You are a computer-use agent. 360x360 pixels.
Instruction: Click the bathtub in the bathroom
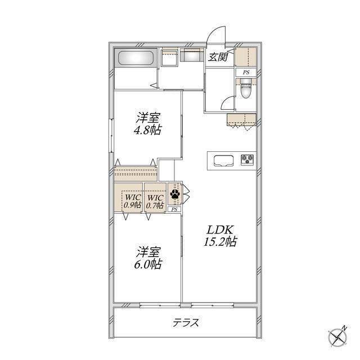click(x=136, y=57)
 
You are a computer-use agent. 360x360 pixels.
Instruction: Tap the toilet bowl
click(x=246, y=89)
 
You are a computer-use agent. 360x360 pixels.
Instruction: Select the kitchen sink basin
click(x=224, y=160)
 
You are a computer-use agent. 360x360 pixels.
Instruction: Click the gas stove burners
click(x=247, y=159)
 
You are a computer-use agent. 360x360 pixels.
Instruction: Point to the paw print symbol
click(x=175, y=194)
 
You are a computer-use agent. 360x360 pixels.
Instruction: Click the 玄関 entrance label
click(x=218, y=57)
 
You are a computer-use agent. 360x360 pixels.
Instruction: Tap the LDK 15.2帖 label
click(x=220, y=236)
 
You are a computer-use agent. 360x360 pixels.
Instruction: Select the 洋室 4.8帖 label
click(x=147, y=124)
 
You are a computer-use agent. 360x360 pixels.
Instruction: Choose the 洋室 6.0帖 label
click(x=148, y=258)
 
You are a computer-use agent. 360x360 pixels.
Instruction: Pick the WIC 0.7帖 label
click(x=155, y=201)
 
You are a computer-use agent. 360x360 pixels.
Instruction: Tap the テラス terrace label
click(x=186, y=323)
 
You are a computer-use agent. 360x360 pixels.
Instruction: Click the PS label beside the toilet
click(x=246, y=73)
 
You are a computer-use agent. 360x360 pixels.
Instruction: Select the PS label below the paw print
click(x=174, y=209)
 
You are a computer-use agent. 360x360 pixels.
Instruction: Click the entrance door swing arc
click(x=214, y=31)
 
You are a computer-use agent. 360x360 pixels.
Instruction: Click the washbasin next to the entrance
click(x=192, y=55)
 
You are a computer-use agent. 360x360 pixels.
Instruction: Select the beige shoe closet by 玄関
click(x=245, y=57)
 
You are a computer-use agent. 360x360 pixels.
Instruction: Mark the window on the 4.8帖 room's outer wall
click(x=111, y=135)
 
